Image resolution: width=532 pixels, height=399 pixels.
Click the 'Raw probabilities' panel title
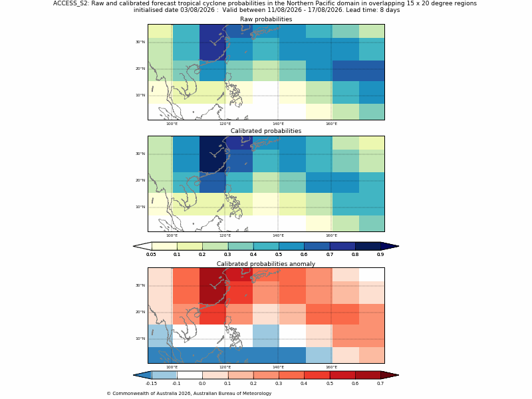click(x=266, y=19)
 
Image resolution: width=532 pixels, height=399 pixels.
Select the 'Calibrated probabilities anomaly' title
click(x=266, y=264)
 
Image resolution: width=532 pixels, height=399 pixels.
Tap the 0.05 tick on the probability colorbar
click(x=152, y=254)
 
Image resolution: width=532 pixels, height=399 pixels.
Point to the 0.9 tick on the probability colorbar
click(x=380, y=254)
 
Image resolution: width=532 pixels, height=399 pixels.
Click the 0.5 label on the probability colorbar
click(x=279, y=254)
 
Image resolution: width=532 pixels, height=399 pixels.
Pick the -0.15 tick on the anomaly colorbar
click(x=152, y=384)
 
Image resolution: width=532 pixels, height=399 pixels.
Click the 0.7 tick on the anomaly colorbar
click(x=380, y=384)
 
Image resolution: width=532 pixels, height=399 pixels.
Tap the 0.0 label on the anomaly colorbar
click(x=202, y=384)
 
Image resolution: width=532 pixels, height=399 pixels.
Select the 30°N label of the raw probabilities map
click(x=140, y=42)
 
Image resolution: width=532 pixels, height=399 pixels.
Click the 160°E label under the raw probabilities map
click(x=331, y=124)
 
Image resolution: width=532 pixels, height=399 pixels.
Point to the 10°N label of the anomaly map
click(x=140, y=338)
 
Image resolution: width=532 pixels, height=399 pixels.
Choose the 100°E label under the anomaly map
click(x=172, y=367)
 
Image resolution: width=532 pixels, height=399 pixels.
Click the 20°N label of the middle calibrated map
click(x=140, y=180)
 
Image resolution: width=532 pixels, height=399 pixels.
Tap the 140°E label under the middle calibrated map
click(x=278, y=235)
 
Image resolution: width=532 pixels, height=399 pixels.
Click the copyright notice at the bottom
click(x=189, y=394)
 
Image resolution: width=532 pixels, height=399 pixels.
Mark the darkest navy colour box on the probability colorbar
click(x=368, y=246)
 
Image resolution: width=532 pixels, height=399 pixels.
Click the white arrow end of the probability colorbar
click(x=142, y=246)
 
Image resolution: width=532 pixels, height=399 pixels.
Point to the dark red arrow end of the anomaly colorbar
click(x=390, y=375)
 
